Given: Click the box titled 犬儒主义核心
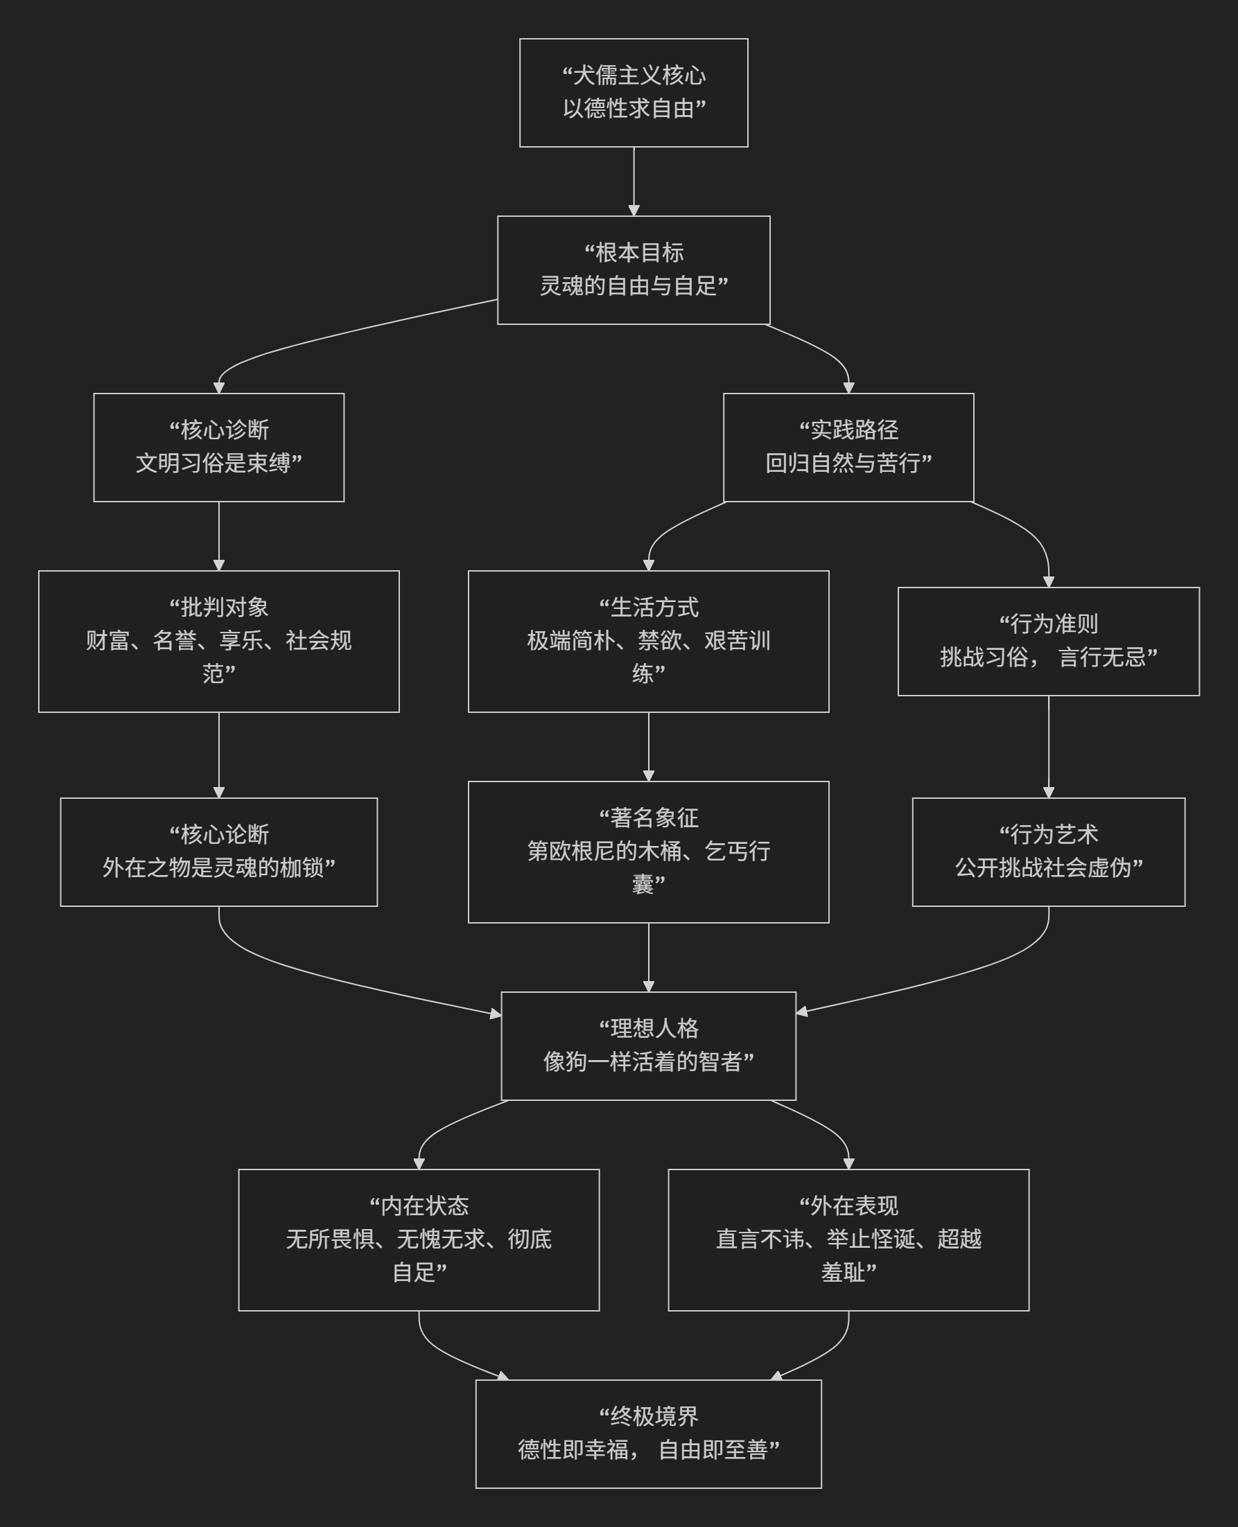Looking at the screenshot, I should tap(634, 93).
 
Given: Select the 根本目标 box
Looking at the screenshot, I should tap(634, 270).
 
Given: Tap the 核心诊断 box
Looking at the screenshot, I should tap(218, 447).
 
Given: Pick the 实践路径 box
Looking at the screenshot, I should tap(848, 447).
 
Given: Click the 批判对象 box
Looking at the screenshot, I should tap(218, 641).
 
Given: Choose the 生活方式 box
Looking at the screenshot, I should tap(648, 641).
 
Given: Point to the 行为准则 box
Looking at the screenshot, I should tap(1048, 641).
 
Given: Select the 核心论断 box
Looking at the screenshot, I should tap(218, 852).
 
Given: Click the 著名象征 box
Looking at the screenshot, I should tap(648, 852).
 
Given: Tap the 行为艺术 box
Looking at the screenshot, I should tap(1048, 852).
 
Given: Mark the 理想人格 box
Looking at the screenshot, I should tap(648, 1045).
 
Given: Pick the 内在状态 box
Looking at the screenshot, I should tap(419, 1239).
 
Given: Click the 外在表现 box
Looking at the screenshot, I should tap(848, 1239).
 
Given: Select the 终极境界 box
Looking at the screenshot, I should tap(648, 1433).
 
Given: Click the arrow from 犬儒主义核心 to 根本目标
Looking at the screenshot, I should tap(634, 181).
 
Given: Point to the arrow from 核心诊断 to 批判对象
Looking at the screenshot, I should tap(218, 536).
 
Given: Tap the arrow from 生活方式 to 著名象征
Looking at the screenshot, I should tap(648, 746).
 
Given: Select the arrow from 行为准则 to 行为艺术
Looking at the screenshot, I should tap(1048, 746).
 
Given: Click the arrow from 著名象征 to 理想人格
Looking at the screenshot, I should tap(648, 957).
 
